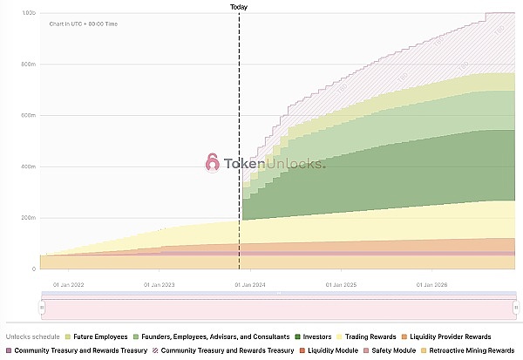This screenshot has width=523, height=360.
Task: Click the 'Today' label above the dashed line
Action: [239, 6]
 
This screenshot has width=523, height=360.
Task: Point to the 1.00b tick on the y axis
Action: [28, 13]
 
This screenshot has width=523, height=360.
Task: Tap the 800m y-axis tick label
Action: [28, 65]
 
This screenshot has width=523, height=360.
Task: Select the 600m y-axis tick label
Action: [28, 116]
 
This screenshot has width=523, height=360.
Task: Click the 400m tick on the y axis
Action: [28, 166]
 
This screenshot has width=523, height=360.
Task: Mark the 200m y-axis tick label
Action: [28, 218]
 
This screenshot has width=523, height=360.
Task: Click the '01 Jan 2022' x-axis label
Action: [71, 284]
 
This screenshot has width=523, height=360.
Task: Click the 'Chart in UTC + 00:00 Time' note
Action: [84, 24]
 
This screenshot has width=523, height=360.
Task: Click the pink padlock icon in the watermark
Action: [212, 162]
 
